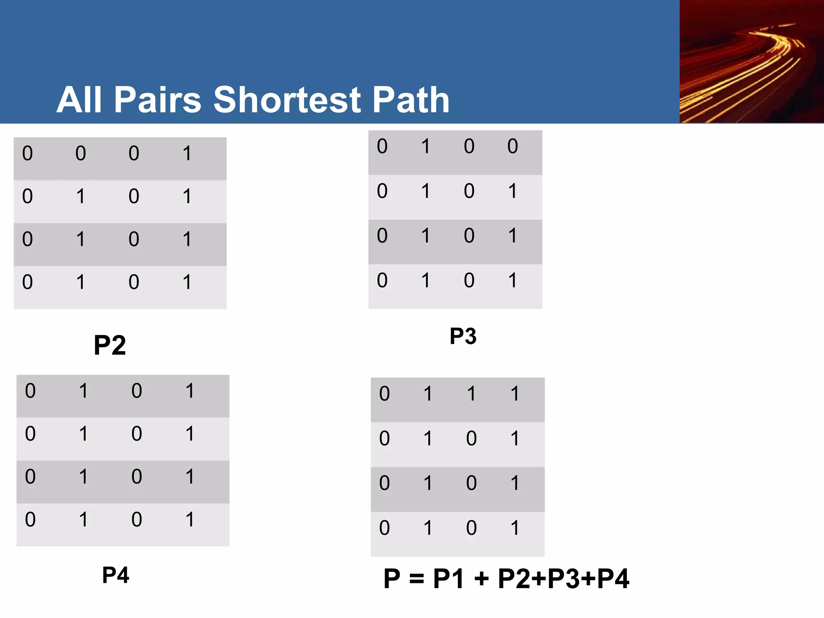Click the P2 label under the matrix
coord(109,345)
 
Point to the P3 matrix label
coord(463,336)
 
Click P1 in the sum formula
coord(449,579)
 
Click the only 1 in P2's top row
coord(187,153)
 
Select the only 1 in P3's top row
coord(426,146)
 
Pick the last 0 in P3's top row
coord(512,146)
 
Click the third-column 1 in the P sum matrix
coord(471,393)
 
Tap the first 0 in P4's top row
coord(30,391)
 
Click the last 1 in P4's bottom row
coord(190,519)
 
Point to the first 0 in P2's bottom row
coord(27,282)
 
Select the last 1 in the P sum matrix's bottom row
coord(515,528)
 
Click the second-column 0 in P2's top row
coord(80,153)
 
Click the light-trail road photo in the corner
coord(752,62)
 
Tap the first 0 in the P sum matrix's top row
coord(384,393)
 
